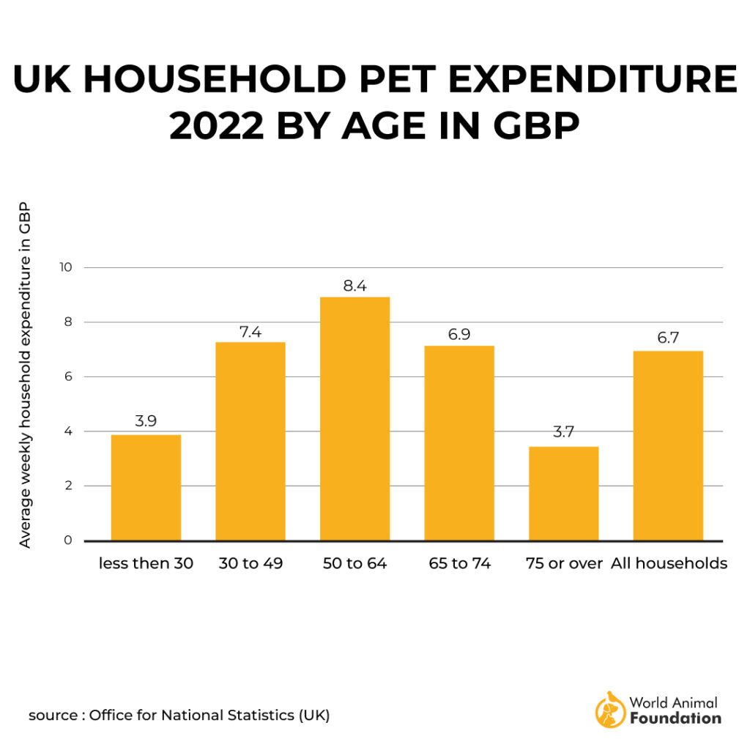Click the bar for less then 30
146,488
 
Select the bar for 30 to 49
250,442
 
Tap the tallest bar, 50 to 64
355,419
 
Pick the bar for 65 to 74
459,443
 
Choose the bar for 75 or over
564,494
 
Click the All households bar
668,446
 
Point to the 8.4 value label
355,286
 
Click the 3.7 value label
563,433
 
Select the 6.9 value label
459,334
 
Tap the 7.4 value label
250,331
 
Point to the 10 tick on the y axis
66,267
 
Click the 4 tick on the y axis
68,431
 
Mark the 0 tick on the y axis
68,541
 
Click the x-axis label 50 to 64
355,564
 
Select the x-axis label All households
669,564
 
